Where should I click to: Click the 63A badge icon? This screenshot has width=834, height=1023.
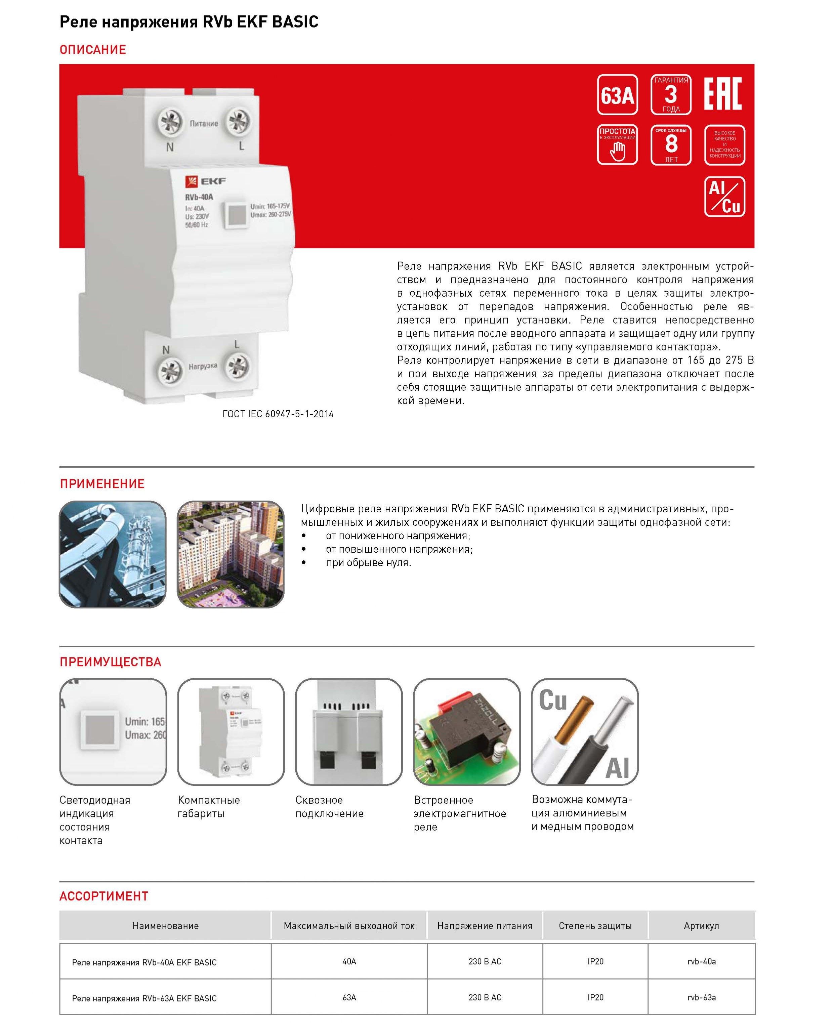pos(617,95)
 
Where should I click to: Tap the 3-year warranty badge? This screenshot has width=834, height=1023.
pos(671,95)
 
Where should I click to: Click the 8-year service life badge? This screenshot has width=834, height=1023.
pos(671,145)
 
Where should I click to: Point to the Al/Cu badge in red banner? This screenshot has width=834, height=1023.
pos(724,197)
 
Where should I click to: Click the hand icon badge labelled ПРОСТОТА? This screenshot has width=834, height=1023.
pos(617,145)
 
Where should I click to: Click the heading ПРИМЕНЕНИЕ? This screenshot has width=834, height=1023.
pos(102,484)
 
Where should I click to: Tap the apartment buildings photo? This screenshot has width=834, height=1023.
pos(231,554)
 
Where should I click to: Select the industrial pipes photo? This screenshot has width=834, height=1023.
pos(113,554)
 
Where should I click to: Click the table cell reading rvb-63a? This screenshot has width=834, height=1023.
pos(701,997)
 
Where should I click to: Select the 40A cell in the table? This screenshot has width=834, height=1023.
pos(349,961)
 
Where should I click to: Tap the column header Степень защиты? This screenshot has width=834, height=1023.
pos(595,926)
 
